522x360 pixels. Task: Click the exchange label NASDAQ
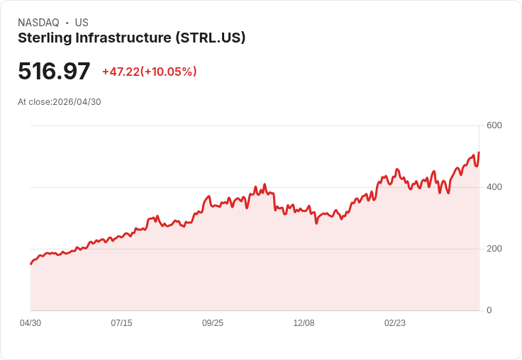(x=38, y=23)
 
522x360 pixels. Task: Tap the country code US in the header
(x=82, y=23)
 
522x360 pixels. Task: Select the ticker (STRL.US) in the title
(x=211, y=38)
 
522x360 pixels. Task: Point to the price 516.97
(x=54, y=72)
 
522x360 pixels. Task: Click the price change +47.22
(x=121, y=72)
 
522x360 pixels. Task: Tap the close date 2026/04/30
(x=77, y=102)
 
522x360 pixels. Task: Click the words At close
(x=34, y=102)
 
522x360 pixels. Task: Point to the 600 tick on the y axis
(x=494, y=125)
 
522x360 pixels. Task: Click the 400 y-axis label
(x=494, y=187)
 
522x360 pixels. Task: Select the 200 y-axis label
(x=494, y=249)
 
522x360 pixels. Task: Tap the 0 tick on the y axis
(x=489, y=310)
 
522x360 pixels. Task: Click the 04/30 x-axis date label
(x=30, y=323)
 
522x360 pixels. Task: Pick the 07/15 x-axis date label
(x=121, y=323)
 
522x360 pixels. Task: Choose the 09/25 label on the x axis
(x=213, y=323)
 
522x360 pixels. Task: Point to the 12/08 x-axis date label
(x=304, y=323)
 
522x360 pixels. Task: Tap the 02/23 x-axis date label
(x=395, y=323)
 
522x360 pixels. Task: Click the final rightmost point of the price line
(x=479, y=152)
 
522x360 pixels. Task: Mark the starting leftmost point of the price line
(x=30, y=264)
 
